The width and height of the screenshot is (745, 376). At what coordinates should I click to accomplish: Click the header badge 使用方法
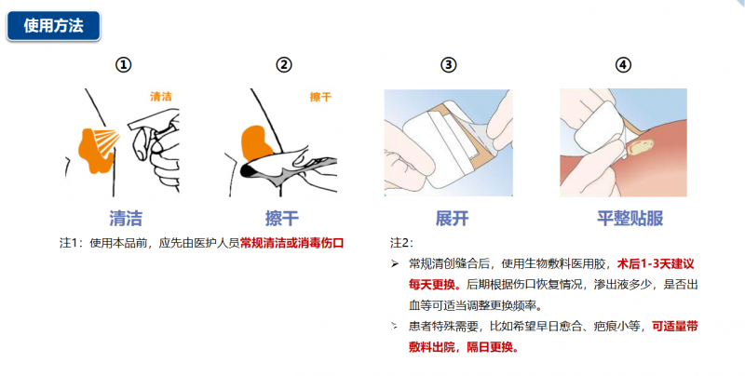point(53,26)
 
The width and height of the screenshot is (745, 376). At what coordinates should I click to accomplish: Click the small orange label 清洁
point(161,96)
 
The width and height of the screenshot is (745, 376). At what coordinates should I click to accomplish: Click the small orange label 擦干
point(320,97)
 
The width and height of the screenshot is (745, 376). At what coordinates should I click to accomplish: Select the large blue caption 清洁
point(126,219)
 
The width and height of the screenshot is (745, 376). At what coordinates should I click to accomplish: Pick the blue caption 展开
point(451,219)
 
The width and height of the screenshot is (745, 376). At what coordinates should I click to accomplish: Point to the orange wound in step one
point(94,149)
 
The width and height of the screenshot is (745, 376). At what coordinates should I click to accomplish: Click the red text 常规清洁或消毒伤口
point(291,243)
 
